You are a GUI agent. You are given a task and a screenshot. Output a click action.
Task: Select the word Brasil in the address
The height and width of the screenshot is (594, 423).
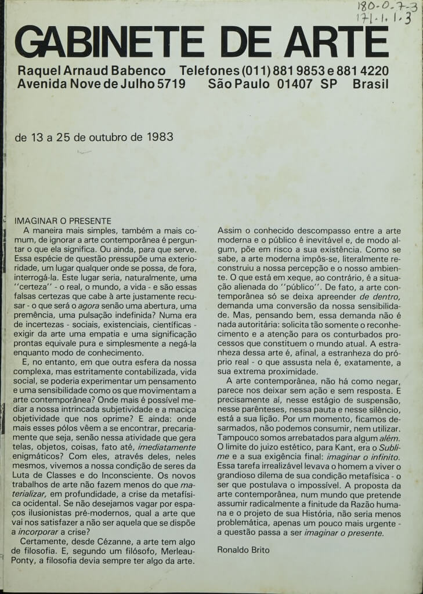[x=370, y=84]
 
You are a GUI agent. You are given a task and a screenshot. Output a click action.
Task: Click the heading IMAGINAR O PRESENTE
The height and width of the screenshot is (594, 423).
[x=63, y=221]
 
